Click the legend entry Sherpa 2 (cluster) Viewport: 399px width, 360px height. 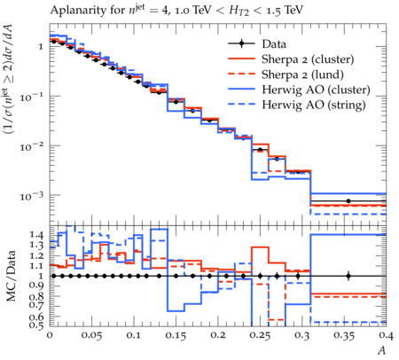[308, 59]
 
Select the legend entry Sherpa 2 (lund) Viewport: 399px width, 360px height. [302, 74]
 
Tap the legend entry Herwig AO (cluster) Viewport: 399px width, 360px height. [316, 90]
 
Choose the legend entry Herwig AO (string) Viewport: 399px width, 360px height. [314, 105]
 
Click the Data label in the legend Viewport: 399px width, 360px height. [274, 44]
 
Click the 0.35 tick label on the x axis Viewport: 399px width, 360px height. [344, 336]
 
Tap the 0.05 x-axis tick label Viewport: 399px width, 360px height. [91, 336]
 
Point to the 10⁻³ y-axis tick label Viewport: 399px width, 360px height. [33, 196]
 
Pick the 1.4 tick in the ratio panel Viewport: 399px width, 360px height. [36, 235]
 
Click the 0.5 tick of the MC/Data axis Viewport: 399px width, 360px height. [36, 325]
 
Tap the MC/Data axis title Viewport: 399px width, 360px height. [11, 276]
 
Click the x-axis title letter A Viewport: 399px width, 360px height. [382, 350]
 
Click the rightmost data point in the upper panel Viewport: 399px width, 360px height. [348, 201]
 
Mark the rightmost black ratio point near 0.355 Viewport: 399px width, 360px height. [348, 277]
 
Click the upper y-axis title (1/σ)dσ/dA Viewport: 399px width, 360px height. [11, 79]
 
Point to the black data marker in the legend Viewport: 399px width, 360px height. [241, 43]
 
